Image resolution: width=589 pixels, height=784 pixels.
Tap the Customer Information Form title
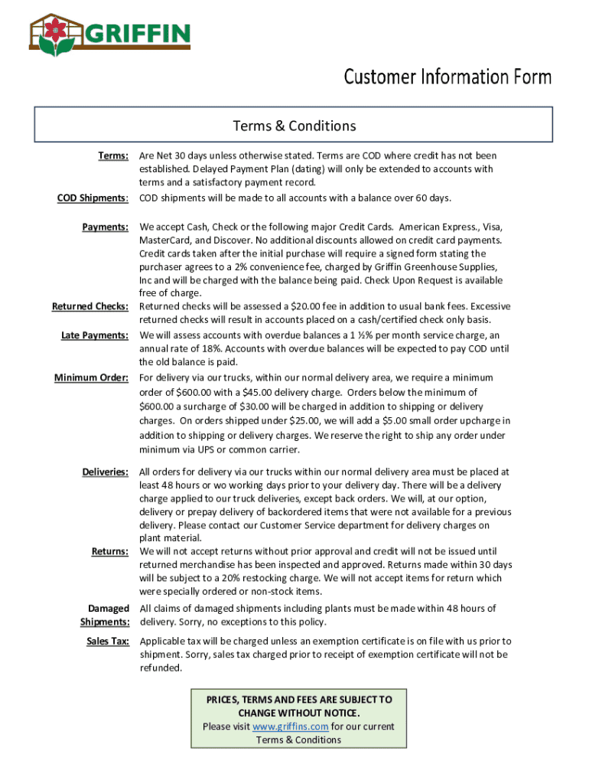point(447,77)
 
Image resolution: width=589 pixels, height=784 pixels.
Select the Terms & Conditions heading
point(294,126)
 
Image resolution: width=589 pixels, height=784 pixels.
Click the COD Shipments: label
point(93,198)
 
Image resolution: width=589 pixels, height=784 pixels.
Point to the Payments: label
point(105,227)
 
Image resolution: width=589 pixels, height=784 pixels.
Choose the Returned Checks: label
point(89,306)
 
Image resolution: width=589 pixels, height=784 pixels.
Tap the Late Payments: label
point(94,335)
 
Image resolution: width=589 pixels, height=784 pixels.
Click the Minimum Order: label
point(91,377)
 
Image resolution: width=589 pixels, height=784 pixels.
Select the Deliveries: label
point(105,472)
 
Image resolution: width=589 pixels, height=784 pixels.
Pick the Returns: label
point(109,550)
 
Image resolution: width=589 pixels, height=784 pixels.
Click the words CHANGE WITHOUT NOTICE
point(298,713)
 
